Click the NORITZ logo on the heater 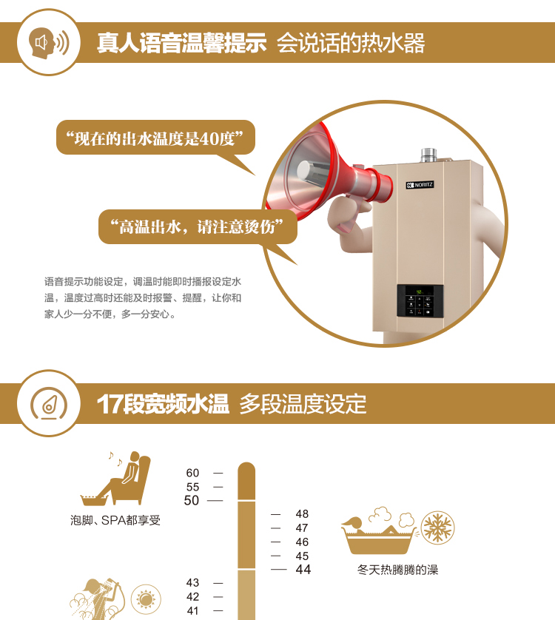[420, 185]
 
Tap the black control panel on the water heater [420, 300]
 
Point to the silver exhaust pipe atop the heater [428, 155]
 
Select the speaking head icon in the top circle [49, 43]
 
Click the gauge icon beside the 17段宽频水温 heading [49, 403]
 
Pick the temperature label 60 [192, 473]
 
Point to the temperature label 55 [192, 487]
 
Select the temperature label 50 [192, 500]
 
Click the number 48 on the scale [302, 513]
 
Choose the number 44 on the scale [303, 570]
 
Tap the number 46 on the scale [302, 542]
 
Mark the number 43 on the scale [192, 582]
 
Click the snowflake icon [437, 528]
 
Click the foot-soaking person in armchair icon [115, 478]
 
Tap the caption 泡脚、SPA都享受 [115, 520]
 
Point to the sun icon [146, 599]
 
